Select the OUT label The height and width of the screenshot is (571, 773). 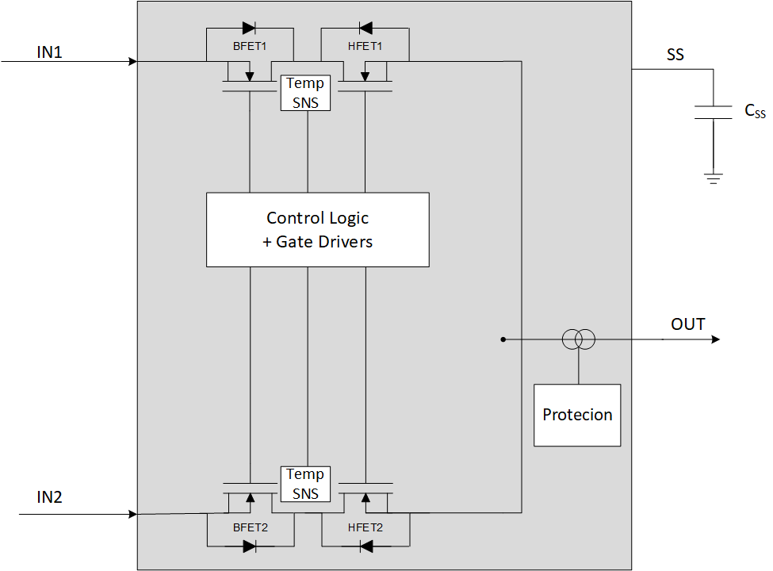(687, 324)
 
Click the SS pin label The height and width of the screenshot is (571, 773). (675, 56)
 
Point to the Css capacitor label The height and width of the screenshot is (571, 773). (755, 112)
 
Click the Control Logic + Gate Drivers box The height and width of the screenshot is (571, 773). (317, 229)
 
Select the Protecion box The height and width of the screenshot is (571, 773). (577, 415)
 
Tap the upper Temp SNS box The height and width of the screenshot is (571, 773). (305, 93)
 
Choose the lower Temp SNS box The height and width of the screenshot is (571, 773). (305, 484)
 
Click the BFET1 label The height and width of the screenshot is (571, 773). (250, 47)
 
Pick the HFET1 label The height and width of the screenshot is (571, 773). (365, 47)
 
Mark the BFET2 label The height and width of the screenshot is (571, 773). (250, 527)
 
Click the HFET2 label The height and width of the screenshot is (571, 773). (365, 527)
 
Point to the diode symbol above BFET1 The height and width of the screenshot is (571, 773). (249, 29)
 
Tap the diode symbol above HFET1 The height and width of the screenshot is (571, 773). (365, 29)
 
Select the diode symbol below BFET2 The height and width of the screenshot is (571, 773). (249, 546)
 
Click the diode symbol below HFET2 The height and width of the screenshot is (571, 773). (365, 546)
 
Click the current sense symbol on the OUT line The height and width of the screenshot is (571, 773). (578, 339)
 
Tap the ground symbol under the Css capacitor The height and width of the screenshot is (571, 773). (714, 178)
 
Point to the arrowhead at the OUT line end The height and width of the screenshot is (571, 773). (715, 339)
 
